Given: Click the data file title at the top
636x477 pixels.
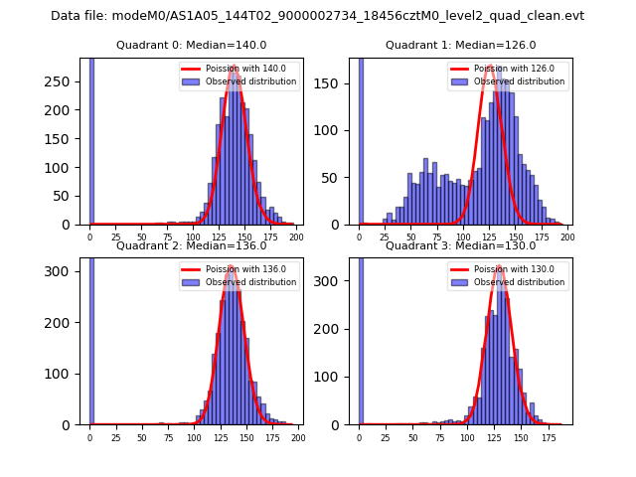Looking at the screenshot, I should [317, 16].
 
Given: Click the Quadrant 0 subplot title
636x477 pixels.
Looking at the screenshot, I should [191, 45].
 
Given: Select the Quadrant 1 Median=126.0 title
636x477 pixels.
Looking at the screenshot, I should [460, 45].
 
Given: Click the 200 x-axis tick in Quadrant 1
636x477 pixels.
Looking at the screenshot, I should [567, 237].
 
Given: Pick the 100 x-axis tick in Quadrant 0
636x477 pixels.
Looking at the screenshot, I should [193, 237].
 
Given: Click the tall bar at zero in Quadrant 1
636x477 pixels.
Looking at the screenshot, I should [360, 139].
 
